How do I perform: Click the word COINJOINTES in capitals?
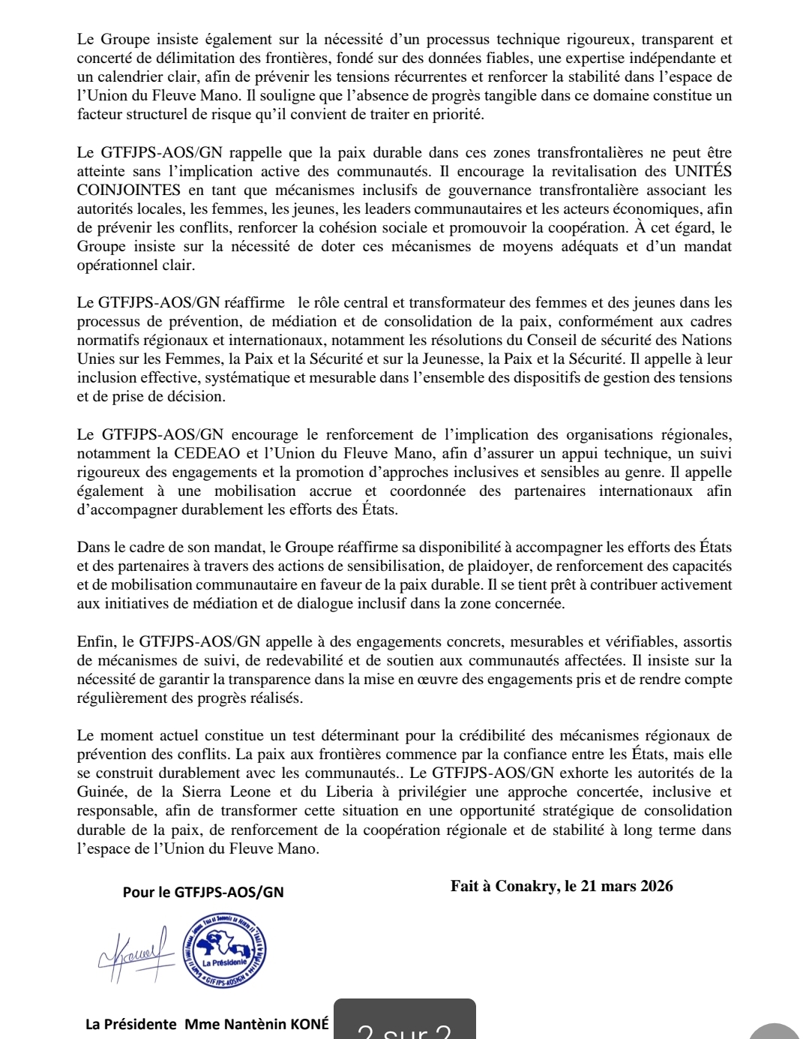tap(129, 191)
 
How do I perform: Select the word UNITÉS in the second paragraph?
tap(703, 172)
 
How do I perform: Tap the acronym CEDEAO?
tap(206, 454)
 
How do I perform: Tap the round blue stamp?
tap(224, 950)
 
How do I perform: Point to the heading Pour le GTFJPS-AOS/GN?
tap(203, 892)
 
